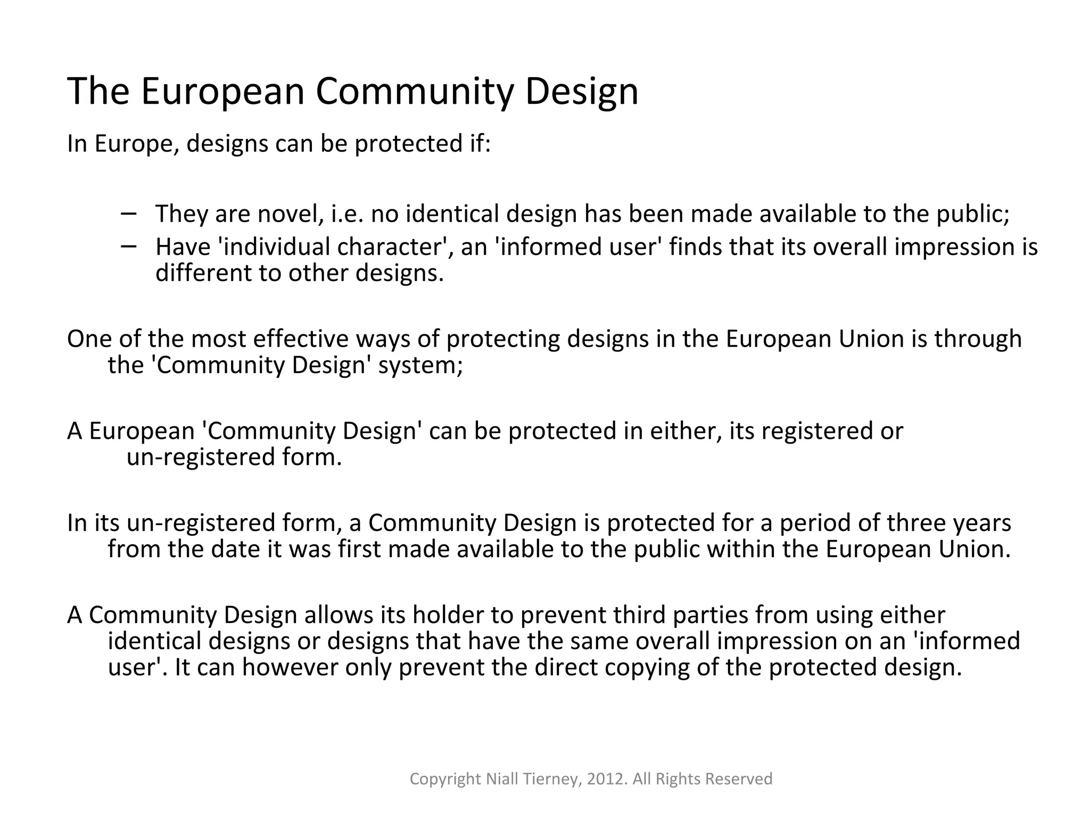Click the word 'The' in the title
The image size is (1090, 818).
tap(98, 91)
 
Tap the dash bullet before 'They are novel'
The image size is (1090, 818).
tap(128, 213)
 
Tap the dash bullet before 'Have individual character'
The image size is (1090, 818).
tap(128, 246)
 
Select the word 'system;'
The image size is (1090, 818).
tap(420, 366)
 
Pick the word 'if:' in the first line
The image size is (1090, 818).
tap(480, 144)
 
